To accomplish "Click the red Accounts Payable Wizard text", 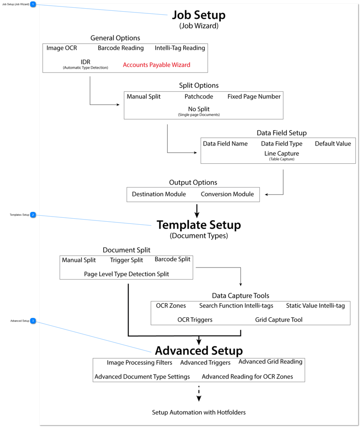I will (x=156, y=65).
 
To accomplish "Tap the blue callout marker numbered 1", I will (x=33, y=4).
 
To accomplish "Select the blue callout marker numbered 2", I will (x=33, y=214).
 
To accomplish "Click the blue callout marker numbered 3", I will (x=33, y=321).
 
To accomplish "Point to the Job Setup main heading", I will (x=199, y=15).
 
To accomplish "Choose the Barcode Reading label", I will (x=121, y=48).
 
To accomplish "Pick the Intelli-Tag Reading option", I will (x=180, y=48).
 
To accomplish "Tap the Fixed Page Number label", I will (x=254, y=96).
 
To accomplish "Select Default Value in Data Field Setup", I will (x=333, y=143).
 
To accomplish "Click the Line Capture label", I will (x=281, y=153).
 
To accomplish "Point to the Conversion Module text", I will (x=227, y=194).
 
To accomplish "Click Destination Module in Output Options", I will (x=159, y=194).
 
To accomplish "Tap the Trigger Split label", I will (x=126, y=260).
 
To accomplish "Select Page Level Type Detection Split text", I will (x=126, y=274).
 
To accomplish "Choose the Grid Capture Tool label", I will (x=278, y=320).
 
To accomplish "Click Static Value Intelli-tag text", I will (x=315, y=306).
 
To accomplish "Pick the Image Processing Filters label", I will (x=140, y=363).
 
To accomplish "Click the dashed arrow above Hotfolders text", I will (x=199, y=394).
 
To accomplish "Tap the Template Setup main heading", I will (x=199, y=225).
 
